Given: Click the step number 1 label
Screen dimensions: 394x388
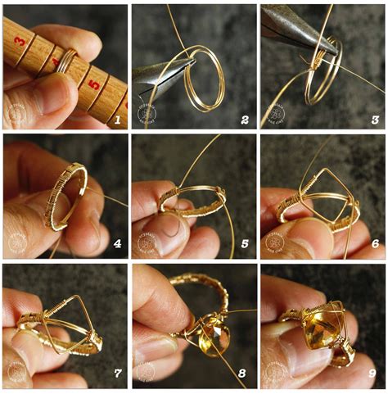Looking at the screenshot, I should (117, 120).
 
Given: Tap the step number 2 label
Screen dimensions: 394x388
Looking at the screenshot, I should (244, 120).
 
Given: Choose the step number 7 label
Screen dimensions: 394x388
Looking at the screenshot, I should (117, 374).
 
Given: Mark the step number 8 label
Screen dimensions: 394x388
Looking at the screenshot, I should (244, 374).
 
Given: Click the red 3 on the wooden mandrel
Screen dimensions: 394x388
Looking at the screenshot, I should (19, 39).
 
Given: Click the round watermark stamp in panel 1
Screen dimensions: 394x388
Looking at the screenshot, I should (18, 113).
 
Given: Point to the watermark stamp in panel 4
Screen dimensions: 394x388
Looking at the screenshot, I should (18, 242).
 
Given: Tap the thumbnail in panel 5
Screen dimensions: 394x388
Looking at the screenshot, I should (167, 234).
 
